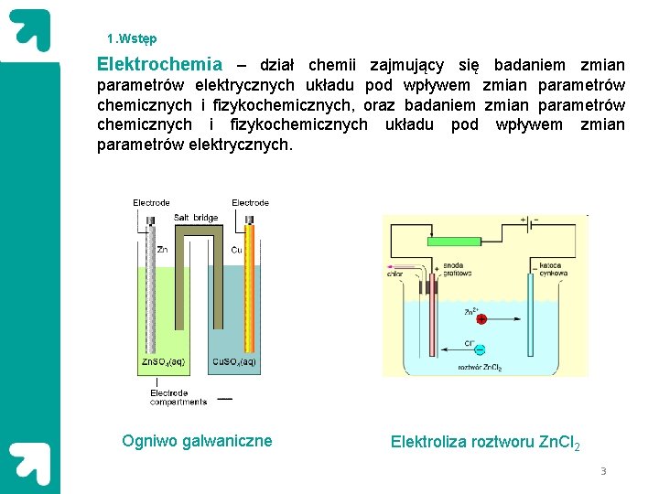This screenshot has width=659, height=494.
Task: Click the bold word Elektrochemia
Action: (x=159, y=65)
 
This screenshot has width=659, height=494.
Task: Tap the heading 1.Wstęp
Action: (x=132, y=38)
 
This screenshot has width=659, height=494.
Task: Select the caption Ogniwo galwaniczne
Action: (x=197, y=441)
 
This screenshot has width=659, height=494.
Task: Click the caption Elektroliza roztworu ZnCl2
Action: (x=485, y=443)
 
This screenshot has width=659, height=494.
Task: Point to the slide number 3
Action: (x=603, y=471)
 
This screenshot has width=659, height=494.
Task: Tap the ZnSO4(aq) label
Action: (x=164, y=362)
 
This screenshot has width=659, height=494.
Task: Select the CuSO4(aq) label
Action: (x=234, y=362)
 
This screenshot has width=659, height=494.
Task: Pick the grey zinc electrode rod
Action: (x=148, y=293)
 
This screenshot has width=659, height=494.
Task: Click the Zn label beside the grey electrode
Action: (x=162, y=249)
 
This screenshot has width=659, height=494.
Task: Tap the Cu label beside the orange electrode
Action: (x=235, y=249)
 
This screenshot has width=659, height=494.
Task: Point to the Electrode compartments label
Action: (x=178, y=397)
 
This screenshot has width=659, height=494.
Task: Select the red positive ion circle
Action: (x=481, y=319)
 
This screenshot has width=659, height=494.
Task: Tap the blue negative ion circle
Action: (x=479, y=349)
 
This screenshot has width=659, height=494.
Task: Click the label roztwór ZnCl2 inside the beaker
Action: (x=480, y=367)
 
